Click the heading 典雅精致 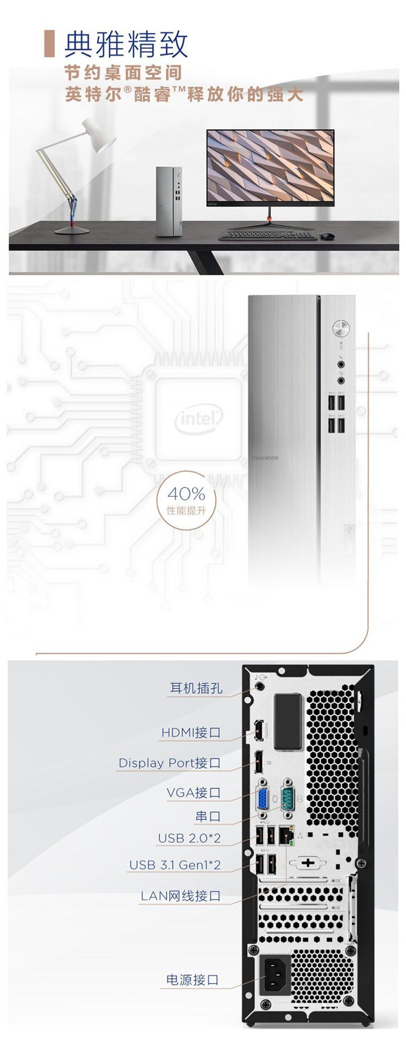click(126, 44)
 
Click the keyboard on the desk click(267, 235)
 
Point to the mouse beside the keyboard click(326, 235)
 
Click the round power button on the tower click(340, 327)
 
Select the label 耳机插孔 click(196, 688)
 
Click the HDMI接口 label click(191, 732)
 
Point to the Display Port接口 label click(169, 763)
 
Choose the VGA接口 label click(193, 793)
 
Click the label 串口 click(207, 816)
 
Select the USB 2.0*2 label click(189, 839)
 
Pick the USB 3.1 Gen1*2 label click(175, 865)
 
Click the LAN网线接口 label click(181, 896)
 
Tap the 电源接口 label click(192, 980)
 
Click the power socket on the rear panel click(276, 974)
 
